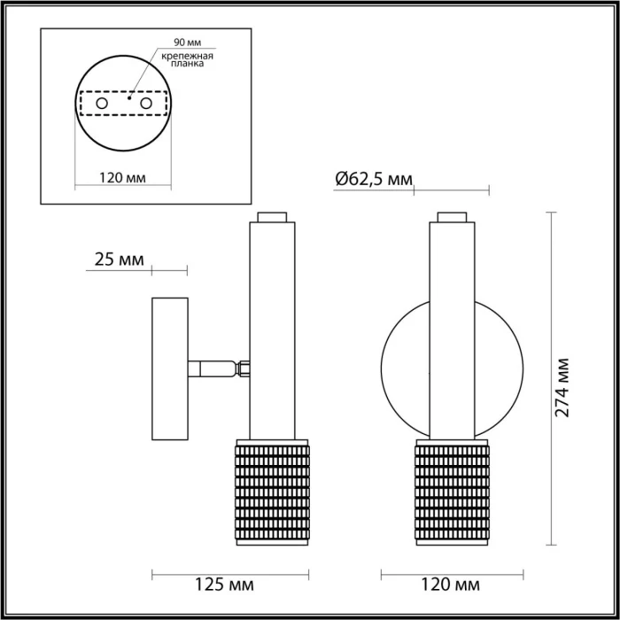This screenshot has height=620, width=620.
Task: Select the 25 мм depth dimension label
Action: click(x=119, y=260)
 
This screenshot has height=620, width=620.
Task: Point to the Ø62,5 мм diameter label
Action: click(x=374, y=180)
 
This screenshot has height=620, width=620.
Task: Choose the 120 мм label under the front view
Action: click(x=452, y=585)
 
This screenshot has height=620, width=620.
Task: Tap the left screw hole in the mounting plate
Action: click(x=103, y=105)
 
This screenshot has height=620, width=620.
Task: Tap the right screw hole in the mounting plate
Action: click(x=145, y=105)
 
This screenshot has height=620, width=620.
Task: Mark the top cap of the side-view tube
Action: click(x=272, y=216)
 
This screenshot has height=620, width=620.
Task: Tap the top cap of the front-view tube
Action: click(x=452, y=216)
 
